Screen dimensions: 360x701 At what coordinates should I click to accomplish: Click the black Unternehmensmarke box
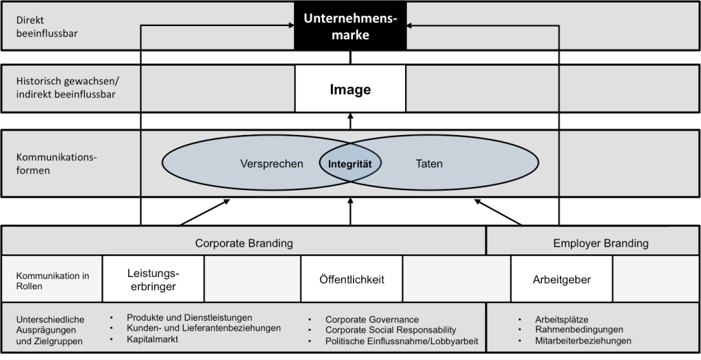click(350, 26)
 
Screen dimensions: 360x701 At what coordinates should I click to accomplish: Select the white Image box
click(350, 89)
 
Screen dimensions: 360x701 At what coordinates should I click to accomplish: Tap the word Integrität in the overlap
click(350, 164)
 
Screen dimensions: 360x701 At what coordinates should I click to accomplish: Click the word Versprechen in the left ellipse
click(271, 164)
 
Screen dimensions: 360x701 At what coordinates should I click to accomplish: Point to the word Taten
click(429, 164)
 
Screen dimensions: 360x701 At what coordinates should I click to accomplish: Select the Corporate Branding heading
click(244, 243)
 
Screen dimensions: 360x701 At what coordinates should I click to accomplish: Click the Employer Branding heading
click(600, 243)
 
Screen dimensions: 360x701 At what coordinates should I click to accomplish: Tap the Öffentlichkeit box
click(352, 280)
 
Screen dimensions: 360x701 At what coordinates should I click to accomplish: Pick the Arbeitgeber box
click(561, 280)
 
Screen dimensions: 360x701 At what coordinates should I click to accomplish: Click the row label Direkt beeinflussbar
click(44, 26)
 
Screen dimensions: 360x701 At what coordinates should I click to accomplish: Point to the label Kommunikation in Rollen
click(53, 280)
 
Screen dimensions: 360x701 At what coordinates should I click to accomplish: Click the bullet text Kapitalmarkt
click(153, 339)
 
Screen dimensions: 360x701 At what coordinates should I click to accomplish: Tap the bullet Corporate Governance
click(371, 320)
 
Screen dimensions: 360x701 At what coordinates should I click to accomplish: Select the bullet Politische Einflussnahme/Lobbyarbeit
click(402, 341)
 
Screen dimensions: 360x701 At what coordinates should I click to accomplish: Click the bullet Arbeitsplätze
click(562, 320)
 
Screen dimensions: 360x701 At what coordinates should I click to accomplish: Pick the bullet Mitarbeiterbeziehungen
click(583, 341)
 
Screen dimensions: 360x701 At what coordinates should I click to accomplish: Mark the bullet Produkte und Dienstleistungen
click(189, 317)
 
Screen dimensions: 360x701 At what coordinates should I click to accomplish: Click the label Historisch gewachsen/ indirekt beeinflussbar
click(66, 88)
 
